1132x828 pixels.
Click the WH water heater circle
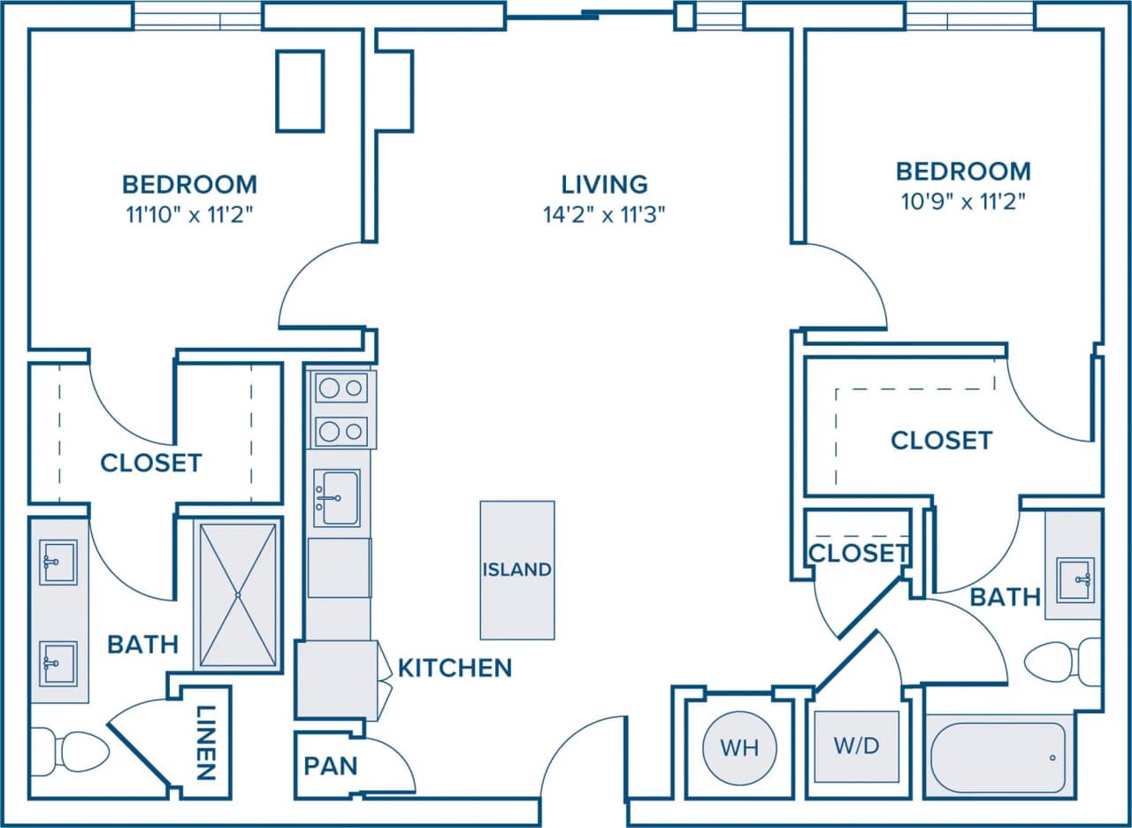[739, 747]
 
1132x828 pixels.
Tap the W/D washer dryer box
[856, 746]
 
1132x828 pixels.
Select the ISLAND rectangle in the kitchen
[517, 570]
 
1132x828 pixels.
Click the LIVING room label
[605, 184]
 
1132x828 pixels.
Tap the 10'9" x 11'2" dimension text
[963, 203]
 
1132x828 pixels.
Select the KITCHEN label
[455, 668]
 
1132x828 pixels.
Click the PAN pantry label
[331, 765]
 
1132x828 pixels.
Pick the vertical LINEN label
[205, 742]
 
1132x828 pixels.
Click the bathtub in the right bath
[998, 757]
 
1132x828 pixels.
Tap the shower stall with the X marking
[238, 594]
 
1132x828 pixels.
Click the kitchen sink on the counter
[337, 498]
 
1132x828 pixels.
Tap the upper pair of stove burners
[341, 387]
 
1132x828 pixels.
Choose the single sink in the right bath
[1075, 579]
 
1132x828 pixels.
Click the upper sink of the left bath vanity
[58, 563]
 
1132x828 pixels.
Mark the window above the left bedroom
[197, 16]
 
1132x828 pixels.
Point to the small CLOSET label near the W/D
[858, 553]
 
